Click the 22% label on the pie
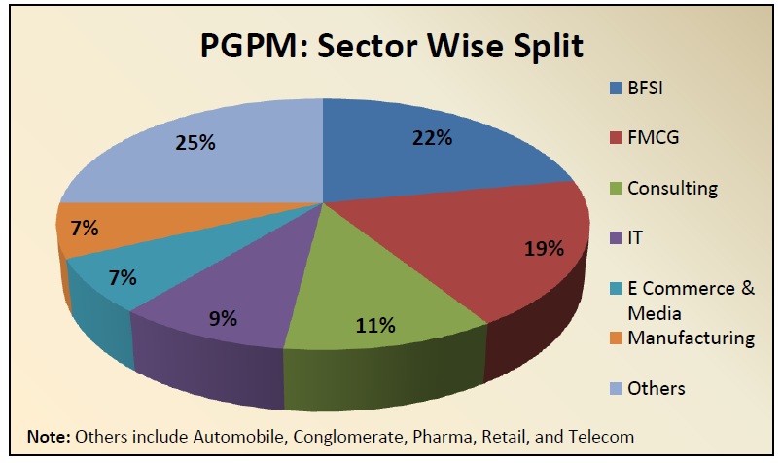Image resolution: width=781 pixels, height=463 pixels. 431,137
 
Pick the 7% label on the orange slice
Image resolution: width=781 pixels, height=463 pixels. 84,229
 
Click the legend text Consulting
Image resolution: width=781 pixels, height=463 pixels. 672,188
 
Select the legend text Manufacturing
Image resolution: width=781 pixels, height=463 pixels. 691,338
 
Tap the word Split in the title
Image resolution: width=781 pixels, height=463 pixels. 546,46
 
